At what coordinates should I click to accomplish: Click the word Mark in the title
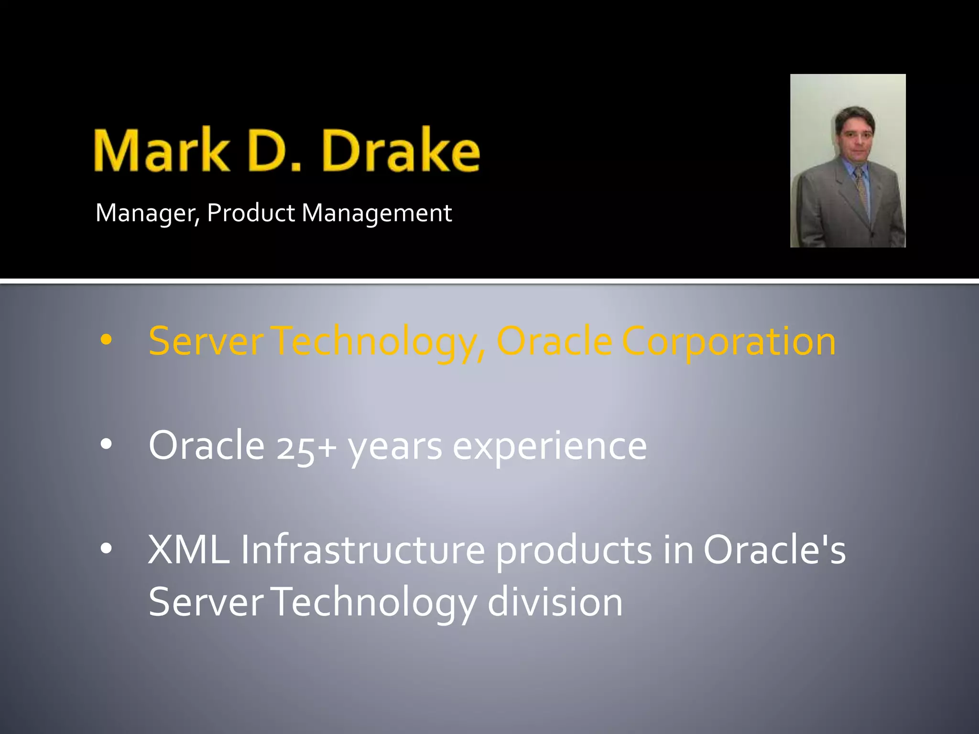pyautogui.click(x=162, y=151)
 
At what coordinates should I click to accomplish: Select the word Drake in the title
pyautogui.click(x=401, y=151)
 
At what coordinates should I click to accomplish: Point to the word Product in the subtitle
pyautogui.click(x=251, y=213)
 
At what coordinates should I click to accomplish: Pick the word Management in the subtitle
pyautogui.click(x=377, y=213)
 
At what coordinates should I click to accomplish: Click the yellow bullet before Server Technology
pyautogui.click(x=106, y=341)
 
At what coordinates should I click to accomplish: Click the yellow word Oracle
pyautogui.click(x=555, y=341)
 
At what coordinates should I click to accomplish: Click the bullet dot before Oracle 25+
pyautogui.click(x=106, y=445)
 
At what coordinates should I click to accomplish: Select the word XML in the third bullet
pyautogui.click(x=188, y=550)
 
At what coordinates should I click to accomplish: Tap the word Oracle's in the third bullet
pyautogui.click(x=774, y=550)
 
